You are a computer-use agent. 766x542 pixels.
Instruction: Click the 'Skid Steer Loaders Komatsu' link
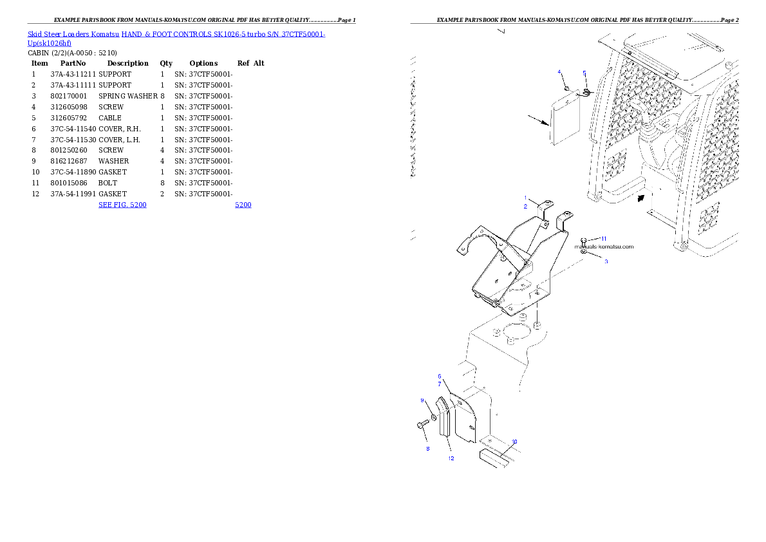point(73,34)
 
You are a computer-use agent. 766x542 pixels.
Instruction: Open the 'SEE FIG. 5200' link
point(122,205)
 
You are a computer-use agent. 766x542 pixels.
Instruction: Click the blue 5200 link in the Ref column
point(243,205)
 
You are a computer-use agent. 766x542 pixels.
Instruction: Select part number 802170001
point(69,97)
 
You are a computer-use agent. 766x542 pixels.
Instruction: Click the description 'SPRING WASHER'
point(128,97)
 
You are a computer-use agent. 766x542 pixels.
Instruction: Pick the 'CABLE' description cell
point(110,118)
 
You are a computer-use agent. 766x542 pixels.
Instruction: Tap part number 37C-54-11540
point(73,129)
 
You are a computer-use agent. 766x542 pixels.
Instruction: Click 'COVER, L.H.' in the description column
point(119,140)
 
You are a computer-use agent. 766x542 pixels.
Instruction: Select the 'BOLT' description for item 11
point(108,183)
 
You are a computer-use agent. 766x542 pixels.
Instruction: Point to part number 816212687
point(69,162)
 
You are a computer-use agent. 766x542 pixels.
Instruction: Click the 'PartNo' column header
point(73,63)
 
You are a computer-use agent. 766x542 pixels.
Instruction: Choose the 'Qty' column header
point(166,64)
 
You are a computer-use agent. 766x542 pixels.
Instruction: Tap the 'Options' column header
point(203,64)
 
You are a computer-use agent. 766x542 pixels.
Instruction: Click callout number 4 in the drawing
point(559,72)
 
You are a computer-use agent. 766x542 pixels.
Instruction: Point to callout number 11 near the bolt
point(604,239)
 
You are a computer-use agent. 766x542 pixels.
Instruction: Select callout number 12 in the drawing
point(451,458)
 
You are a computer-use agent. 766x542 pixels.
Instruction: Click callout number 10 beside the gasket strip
point(514,442)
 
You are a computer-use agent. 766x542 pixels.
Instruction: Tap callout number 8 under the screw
point(428,449)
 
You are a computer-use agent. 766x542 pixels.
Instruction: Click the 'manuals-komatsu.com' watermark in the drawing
point(604,247)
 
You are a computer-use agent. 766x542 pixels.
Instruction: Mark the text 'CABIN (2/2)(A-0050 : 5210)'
point(72,53)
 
